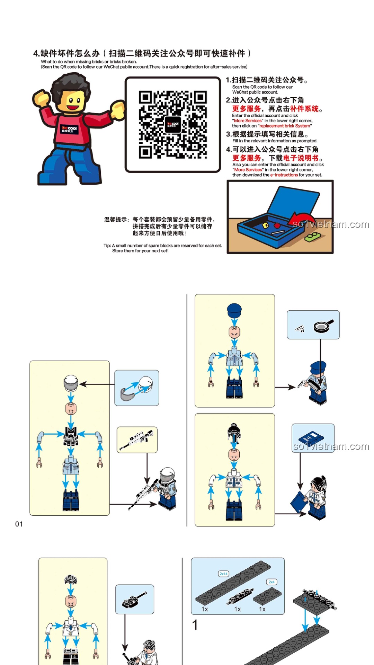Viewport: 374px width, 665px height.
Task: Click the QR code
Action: click(173, 125)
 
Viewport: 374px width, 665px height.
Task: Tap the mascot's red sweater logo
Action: click(70, 130)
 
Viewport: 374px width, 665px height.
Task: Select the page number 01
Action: click(19, 524)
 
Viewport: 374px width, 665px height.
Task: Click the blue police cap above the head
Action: click(234, 311)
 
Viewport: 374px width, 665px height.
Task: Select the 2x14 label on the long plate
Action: click(223, 574)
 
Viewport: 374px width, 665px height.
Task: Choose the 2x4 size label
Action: click(271, 582)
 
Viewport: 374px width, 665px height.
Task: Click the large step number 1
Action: click(195, 624)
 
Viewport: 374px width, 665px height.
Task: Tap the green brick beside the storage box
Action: click(312, 237)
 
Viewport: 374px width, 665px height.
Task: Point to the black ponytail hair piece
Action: click(234, 433)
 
